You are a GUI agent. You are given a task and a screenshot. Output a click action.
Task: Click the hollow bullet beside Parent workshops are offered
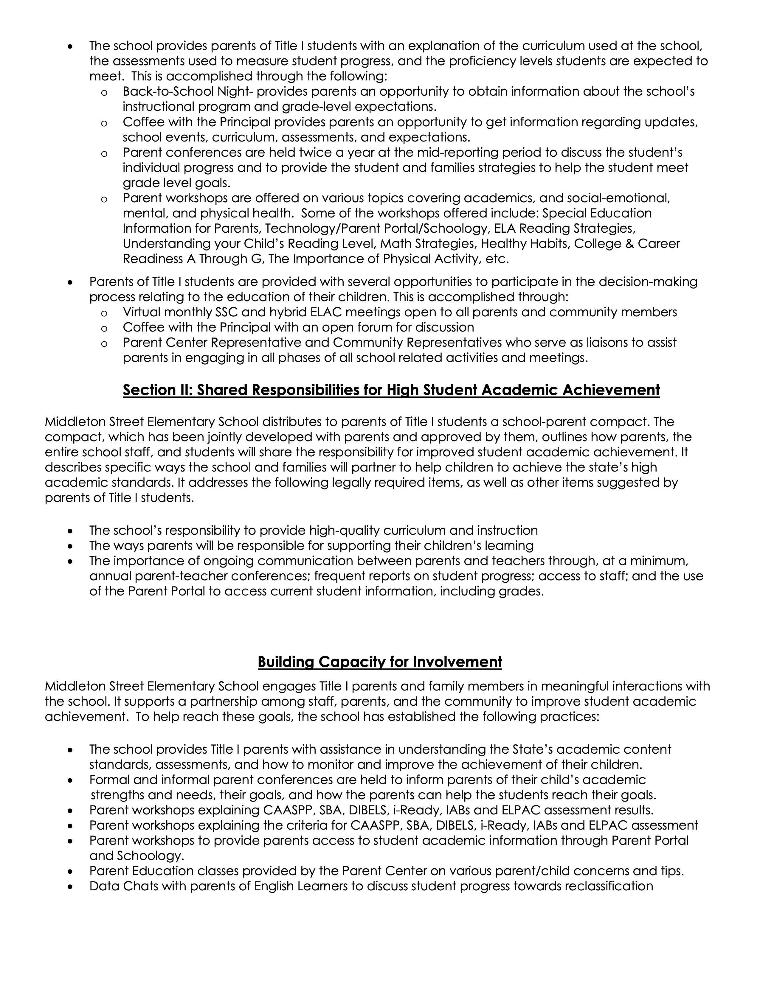point(104,199)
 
